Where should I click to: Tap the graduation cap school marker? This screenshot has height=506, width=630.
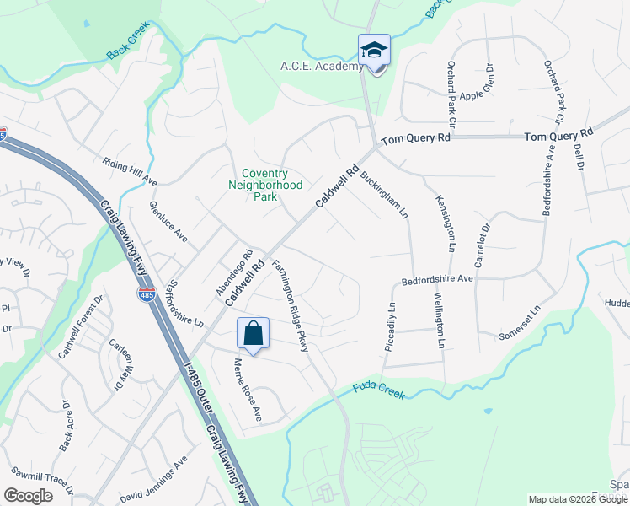point(374,50)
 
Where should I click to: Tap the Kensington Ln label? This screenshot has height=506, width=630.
point(446,223)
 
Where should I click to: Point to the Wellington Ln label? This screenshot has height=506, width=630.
point(439,320)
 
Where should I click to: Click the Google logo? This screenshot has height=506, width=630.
point(28,495)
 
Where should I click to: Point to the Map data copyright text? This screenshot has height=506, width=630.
point(578,499)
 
